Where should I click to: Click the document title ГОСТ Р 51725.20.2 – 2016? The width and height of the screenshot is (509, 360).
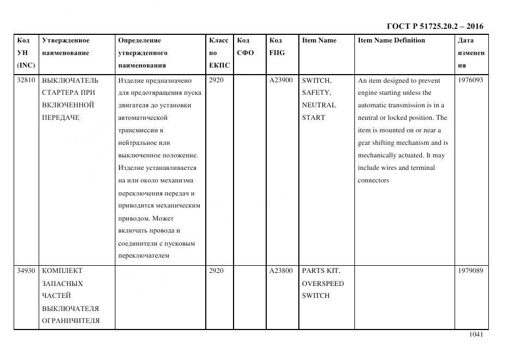point(434,26)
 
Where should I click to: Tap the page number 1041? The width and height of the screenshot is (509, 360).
point(476,334)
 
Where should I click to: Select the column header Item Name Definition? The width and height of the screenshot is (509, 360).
point(391,40)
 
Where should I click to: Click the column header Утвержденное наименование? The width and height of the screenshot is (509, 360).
point(65,46)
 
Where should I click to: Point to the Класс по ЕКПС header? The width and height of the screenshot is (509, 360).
point(219,53)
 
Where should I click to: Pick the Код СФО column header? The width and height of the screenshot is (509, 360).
point(246,46)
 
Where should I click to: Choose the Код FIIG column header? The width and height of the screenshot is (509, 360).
point(277,46)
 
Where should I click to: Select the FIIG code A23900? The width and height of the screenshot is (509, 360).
point(281,81)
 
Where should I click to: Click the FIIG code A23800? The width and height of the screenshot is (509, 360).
point(281,271)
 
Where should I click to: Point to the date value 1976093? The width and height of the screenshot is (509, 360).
point(471,81)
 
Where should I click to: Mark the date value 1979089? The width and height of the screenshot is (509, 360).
point(471,271)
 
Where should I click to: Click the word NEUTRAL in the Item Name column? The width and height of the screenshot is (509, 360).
point(318,105)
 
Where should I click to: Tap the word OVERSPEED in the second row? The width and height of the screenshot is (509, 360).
point(323,283)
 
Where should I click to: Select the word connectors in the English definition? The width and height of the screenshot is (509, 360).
point(373,180)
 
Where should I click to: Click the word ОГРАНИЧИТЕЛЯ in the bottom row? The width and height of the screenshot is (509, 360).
point(71,321)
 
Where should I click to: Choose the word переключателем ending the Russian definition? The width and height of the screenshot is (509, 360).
point(144,255)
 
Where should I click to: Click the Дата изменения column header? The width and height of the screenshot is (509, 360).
point(471,53)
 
